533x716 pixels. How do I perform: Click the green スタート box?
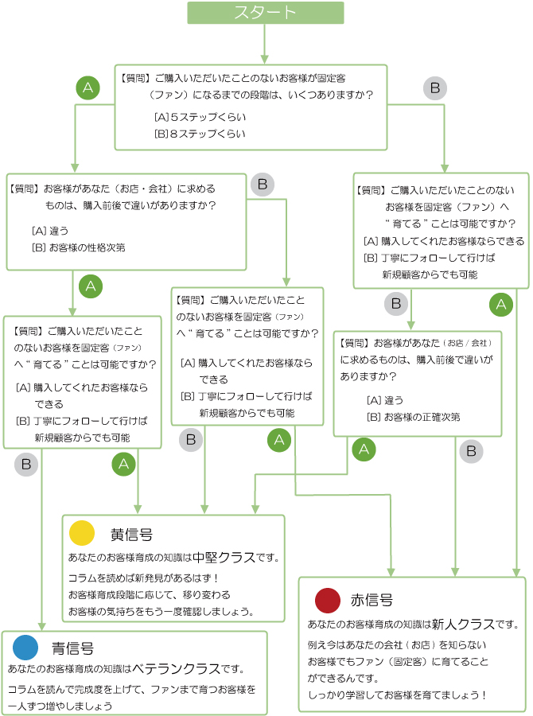pyautogui.click(x=266, y=13)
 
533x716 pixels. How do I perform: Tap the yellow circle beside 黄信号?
pyautogui.click(x=82, y=533)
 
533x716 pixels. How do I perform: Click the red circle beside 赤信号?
pyautogui.click(x=327, y=599)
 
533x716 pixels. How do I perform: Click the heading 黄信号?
pyautogui.click(x=131, y=534)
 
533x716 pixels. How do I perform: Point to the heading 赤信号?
pyautogui.click(x=372, y=600)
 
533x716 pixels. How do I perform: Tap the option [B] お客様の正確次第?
pyautogui.click(x=412, y=417)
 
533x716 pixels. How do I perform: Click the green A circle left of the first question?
pyautogui.click(x=88, y=88)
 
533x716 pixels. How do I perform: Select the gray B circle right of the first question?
pyautogui.click(x=434, y=88)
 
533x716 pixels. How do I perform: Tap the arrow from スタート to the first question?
pyautogui.click(x=265, y=49)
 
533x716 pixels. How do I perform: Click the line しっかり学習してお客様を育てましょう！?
pyautogui.click(x=396, y=695)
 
